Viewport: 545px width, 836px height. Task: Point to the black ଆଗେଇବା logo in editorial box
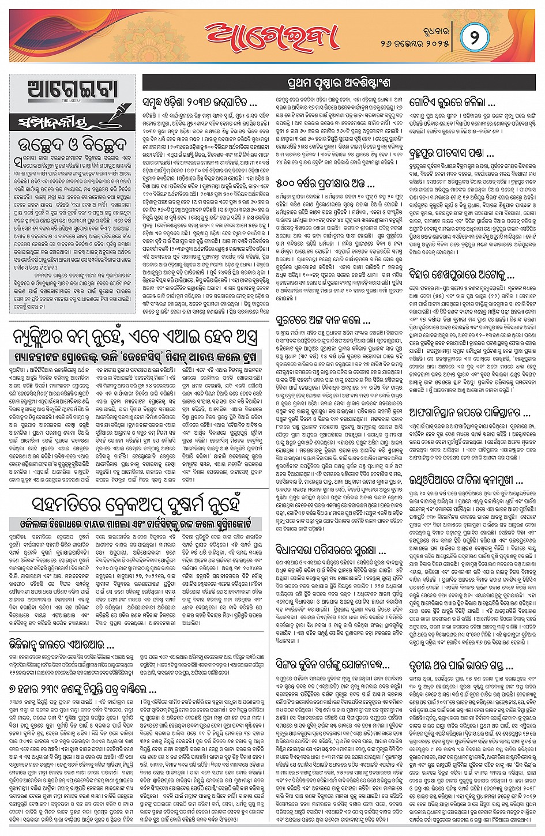coord(73,91)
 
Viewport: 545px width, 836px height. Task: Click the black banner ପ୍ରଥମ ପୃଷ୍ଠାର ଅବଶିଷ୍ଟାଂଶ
coord(339,83)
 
